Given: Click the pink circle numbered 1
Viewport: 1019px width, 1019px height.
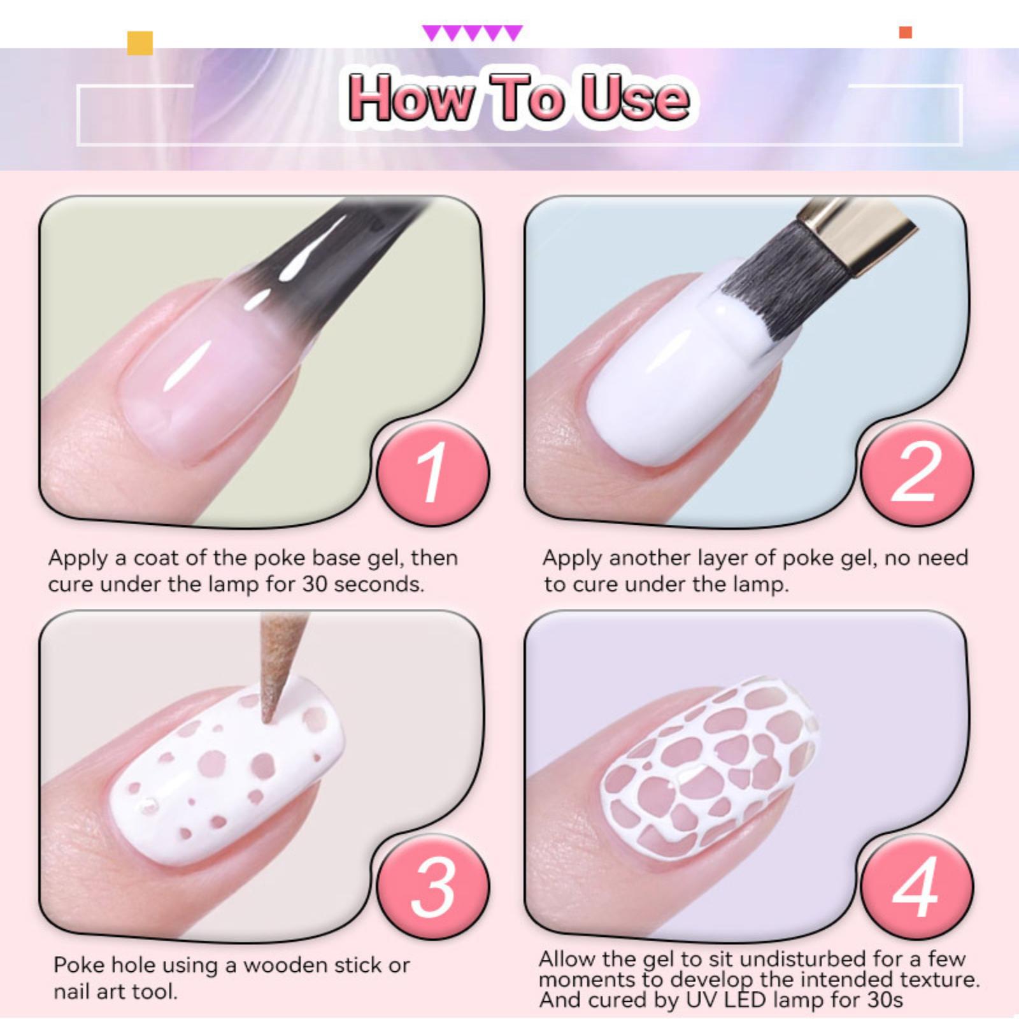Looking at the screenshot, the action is point(432,473).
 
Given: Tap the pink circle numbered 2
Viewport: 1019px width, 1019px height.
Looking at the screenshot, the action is point(916,473).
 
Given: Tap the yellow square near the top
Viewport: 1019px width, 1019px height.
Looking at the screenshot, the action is point(140,43).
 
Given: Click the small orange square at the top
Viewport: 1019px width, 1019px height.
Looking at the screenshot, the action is point(905,32).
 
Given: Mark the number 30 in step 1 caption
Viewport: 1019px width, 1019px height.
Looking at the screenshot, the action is point(315,585).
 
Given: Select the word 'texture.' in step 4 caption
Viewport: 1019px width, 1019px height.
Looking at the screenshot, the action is point(939,979).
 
